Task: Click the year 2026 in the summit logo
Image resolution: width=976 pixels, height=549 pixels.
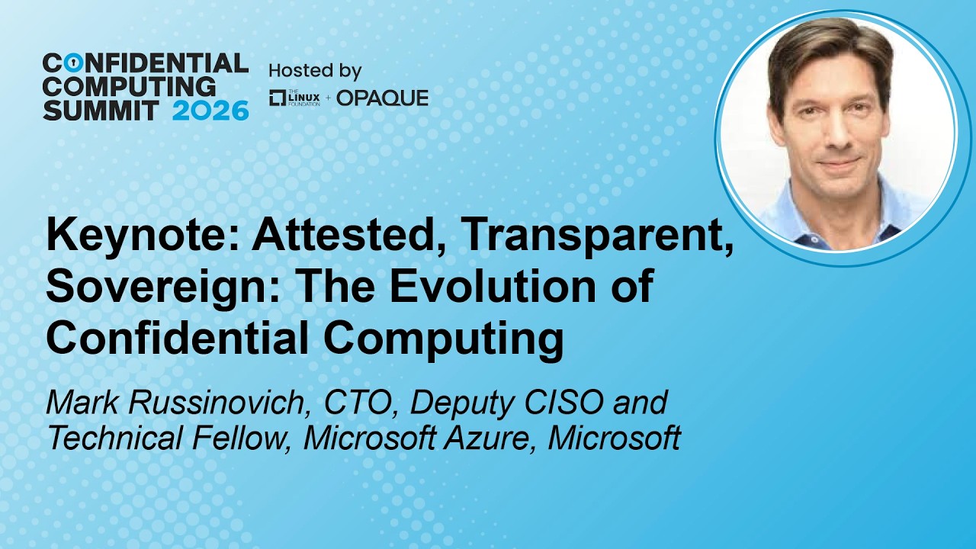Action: (210, 111)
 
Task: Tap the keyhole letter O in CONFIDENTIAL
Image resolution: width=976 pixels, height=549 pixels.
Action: (75, 63)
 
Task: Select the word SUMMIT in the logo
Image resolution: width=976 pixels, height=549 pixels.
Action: (101, 111)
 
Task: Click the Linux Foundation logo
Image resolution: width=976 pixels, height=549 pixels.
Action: (294, 98)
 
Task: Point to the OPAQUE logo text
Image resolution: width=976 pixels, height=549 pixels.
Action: (383, 98)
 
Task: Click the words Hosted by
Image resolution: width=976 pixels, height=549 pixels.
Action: (316, 71)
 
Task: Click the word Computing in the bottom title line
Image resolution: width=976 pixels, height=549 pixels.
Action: (443, 338)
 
